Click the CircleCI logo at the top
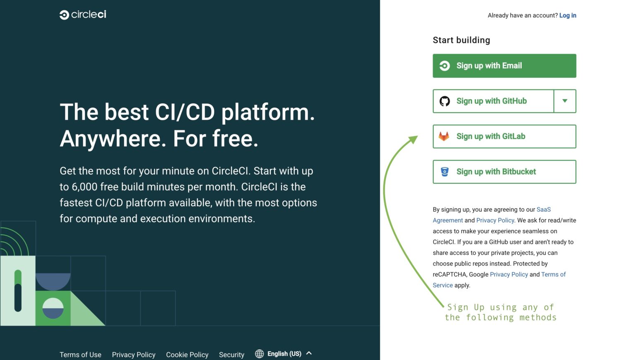click(x=83, y=15)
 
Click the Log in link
click(x=567, y=15)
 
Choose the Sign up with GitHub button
click(x=493, y=101)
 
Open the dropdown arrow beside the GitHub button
click(x=565, y=101)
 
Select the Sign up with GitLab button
click(x=504, y=136)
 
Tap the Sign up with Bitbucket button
click(x=504, y=172)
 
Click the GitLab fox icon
click(x=444, y=136)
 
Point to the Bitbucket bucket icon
click(x=445, y=172)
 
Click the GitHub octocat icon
click(x=445, y=101)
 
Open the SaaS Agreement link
click(x=543, y=210)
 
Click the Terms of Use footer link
click(x=80, y=355)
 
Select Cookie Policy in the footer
click(x=187, y=355)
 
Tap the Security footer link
click(x=231, y=355)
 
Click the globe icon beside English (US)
click(x=259, y=354)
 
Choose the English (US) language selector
click(x=284, y=354)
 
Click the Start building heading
click(x=461, y=40)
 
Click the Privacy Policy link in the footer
click(x=133, y=355)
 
